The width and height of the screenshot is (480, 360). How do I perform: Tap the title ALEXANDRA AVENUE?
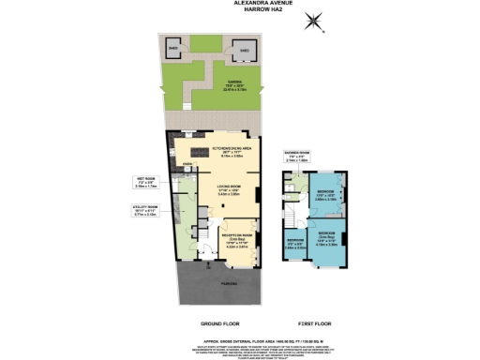click(x=239, y=4)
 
